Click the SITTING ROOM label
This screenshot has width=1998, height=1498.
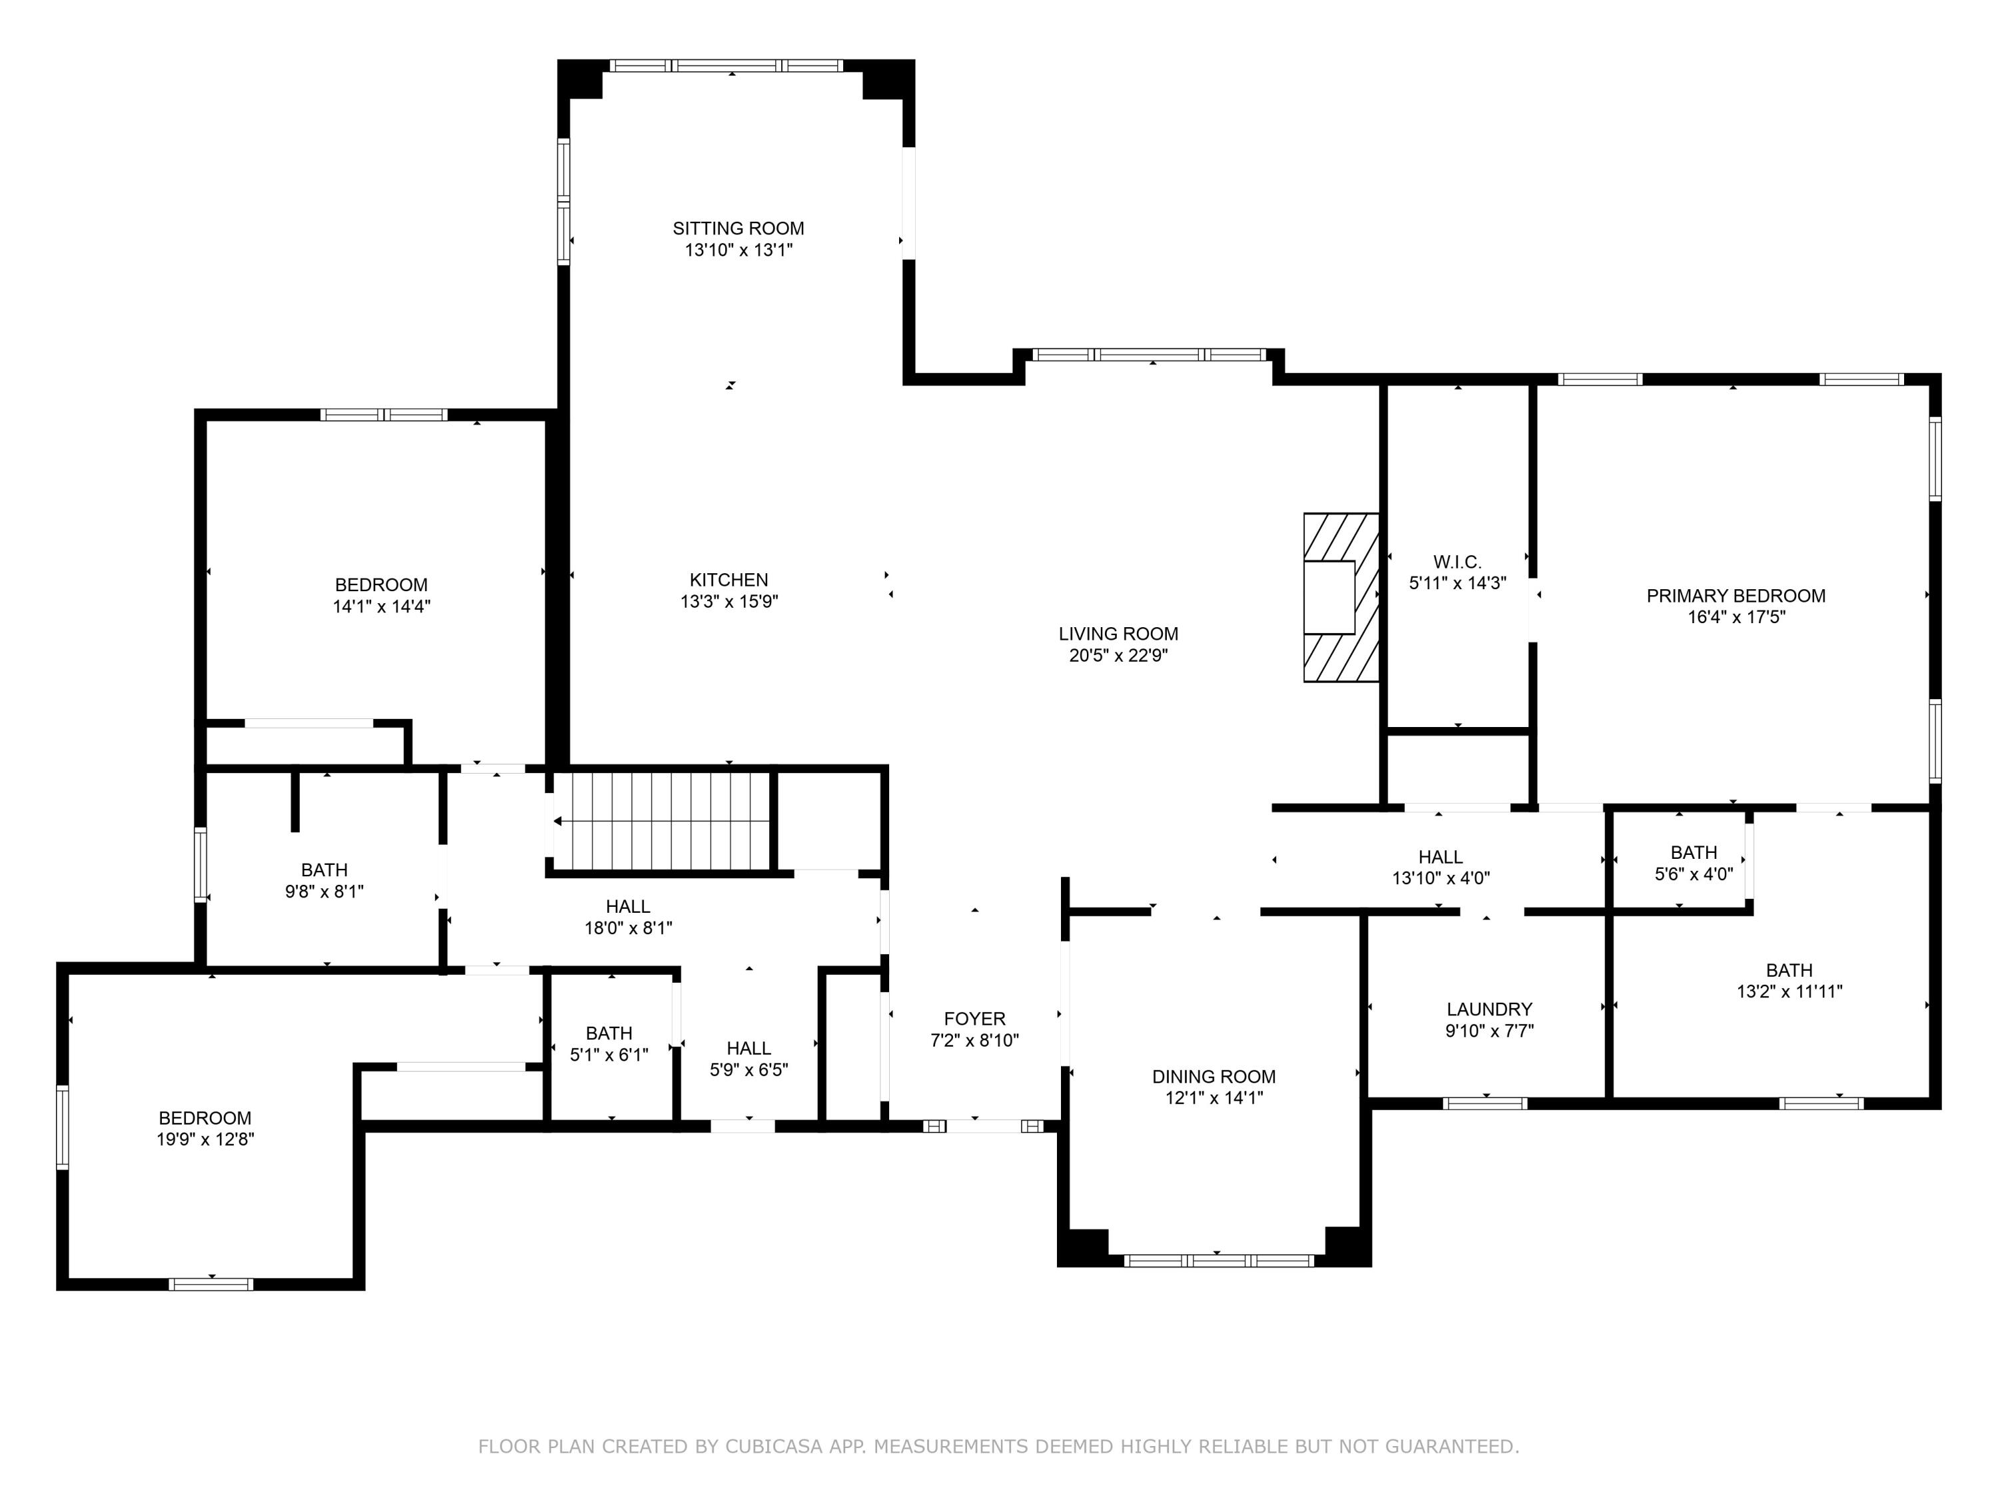738,228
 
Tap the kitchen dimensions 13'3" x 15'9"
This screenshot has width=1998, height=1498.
729,601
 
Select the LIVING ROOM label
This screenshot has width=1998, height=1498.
1118,634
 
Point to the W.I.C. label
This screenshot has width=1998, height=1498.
1457,562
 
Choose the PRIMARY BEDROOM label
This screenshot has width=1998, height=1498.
1735,596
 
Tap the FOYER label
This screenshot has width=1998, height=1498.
974,1019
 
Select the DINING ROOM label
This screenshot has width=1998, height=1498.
1213,1077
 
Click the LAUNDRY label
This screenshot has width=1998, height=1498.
1489,1009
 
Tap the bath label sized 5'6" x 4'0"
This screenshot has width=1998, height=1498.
1693,852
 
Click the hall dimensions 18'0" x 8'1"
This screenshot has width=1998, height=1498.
628,927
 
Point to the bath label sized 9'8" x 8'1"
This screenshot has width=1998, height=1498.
324,870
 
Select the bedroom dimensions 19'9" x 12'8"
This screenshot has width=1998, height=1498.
205,1140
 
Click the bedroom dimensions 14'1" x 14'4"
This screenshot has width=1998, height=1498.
381,607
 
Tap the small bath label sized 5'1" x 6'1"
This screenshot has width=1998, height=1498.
608,1033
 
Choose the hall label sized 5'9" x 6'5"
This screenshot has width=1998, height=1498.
748,1049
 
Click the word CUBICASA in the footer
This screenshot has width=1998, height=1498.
773,1447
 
